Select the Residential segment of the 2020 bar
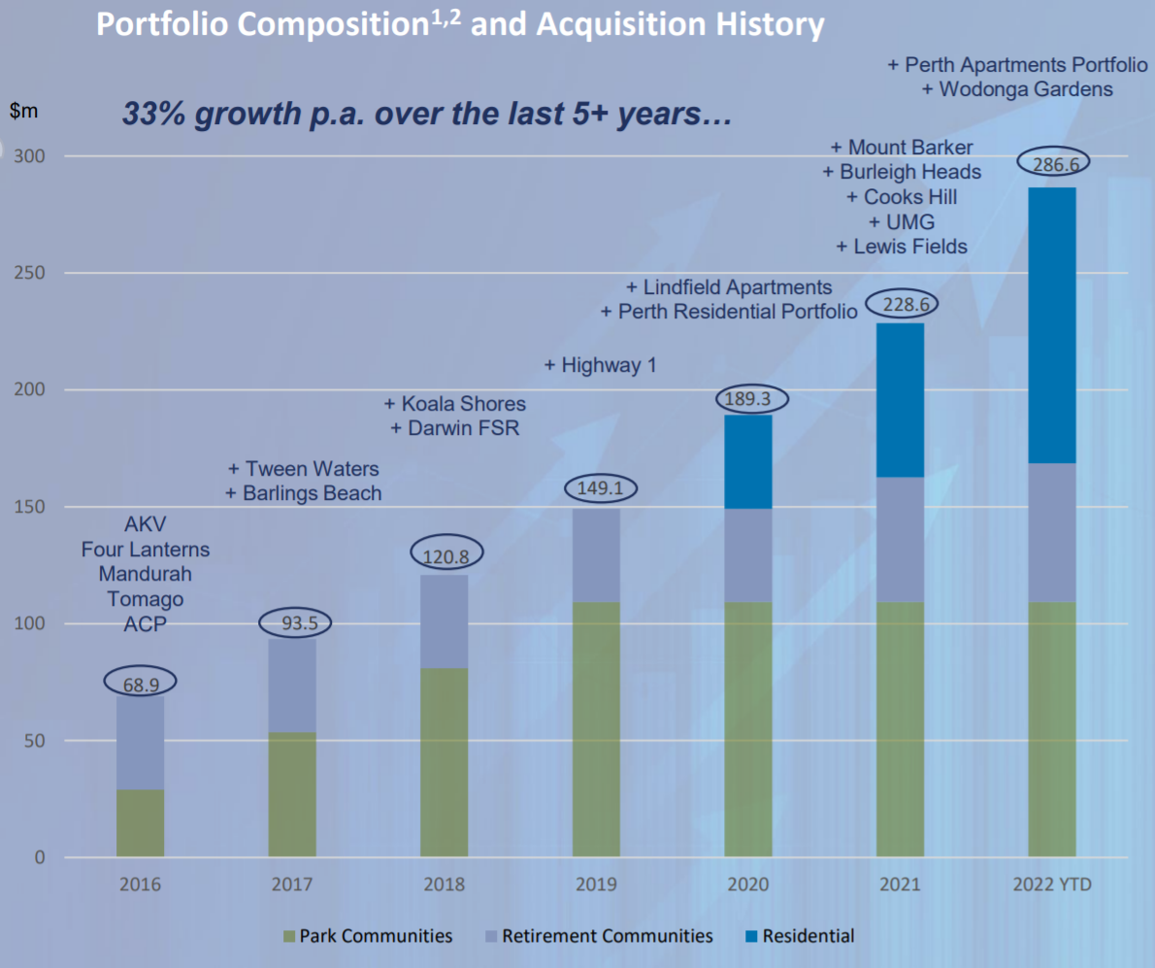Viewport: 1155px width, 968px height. pyautogui.click(x=748, y=461)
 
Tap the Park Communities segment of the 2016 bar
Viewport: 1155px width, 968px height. pyautogui.click(x=140, y=823)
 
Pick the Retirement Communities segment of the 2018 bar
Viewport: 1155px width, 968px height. pyautogui.click(x=444, y=621)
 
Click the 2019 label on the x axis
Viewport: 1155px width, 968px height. pyautogui.click(x=596, y=885)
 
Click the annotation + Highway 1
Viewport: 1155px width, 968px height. pyautogui.click(x=600, y=365)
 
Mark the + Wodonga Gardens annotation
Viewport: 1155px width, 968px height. pyautogui.click(x=1016, y=89)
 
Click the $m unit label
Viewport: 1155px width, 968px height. pyautogui.click(x=23, y=111)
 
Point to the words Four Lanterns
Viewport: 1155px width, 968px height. pyautogui.click(x=146, y=550)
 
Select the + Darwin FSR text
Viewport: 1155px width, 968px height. pyautogui.click(x=454, y=428)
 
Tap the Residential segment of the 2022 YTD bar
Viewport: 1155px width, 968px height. pyautogui.click(x=1052, y=325)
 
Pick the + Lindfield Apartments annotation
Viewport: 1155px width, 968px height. pyautogui.click(x=729, y=287)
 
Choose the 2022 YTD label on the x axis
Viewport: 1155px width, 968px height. pyautogui.click(x=1052, y=885)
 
